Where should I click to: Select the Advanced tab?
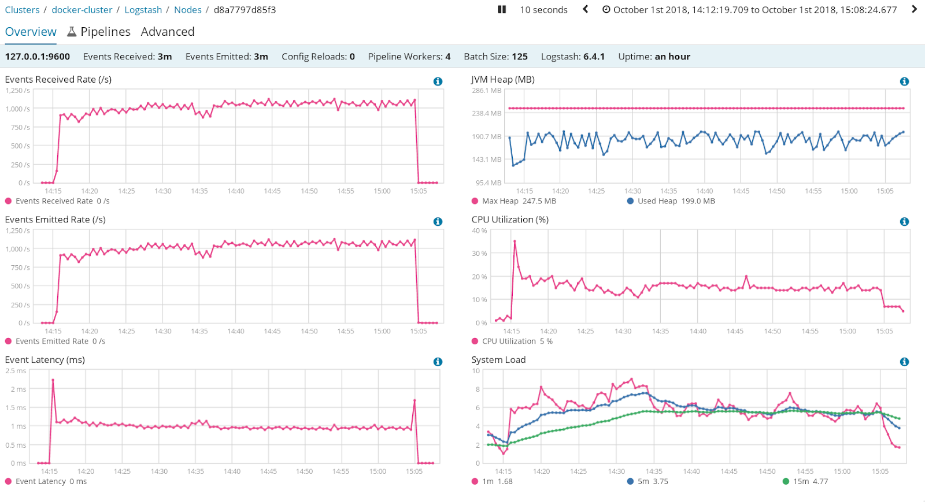(168, 32)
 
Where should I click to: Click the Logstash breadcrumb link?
(143, 10)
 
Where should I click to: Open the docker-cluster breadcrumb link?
(82, 10)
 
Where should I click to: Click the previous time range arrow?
(586, 9)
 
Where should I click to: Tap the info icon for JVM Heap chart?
(904, 81)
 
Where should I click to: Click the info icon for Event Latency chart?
(438, 362)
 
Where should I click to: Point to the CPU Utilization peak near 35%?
(515, 241)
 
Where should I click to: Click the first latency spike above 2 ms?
(53, 380)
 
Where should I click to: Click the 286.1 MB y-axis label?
(486, 91)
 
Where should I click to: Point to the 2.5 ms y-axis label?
(16, 371)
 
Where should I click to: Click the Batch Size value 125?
(520, 57)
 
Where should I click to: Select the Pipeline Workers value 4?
(447, 57)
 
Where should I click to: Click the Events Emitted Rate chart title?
(55, 220)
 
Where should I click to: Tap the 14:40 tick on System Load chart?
(691, 471)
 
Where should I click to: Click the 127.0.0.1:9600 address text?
(38, 57)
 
